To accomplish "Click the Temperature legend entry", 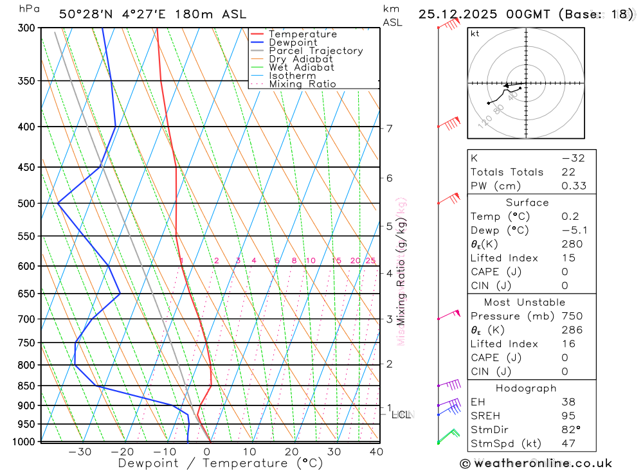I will [302, 34].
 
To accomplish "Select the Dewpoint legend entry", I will [293, 42].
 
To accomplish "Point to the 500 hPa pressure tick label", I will [26, 204].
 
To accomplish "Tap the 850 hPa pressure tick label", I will [26, 386].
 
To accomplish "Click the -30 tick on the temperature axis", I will [80, 452].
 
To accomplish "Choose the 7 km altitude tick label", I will [390, 129].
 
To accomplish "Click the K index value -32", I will [573, 158].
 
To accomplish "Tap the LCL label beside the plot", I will [401, 414].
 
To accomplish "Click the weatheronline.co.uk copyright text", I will [536, 463].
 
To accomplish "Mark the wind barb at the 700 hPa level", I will [450, 315].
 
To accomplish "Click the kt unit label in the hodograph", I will [475, 33].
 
